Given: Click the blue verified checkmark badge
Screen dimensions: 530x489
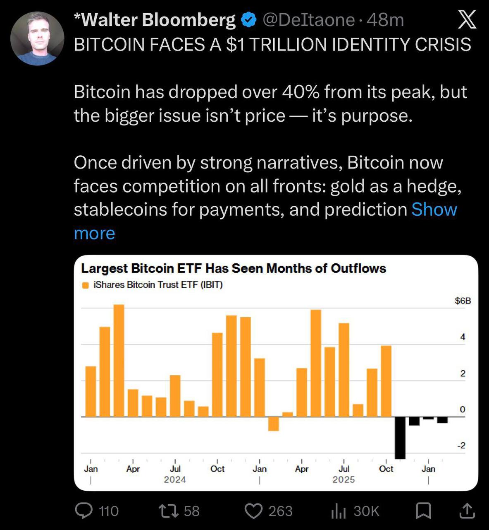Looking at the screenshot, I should click(x=248, y=20).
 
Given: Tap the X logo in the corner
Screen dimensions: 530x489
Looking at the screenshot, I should click(x=467, y=20).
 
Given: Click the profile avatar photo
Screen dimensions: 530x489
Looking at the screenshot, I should click(x=37, y=39).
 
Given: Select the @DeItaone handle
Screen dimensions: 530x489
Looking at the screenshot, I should click(x=308, y=20).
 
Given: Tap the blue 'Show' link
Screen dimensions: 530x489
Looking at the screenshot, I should click(x=434, y=210).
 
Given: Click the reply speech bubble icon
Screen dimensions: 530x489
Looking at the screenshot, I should click(x=83, y=511).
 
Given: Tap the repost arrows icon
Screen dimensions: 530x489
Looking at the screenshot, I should click(x=169, y=511).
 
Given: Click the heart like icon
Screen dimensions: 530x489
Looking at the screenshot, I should click(x=253, y=511).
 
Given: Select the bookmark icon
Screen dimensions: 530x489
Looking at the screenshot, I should click(x=423, y=511).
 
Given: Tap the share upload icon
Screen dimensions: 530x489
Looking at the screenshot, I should click(x=467, y=511).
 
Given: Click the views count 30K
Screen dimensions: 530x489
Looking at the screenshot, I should click(x=366, y=511).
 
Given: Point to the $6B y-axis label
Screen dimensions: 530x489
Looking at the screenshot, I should click(x=463, y=301).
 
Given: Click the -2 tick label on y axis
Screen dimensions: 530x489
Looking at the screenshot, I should click(x=460, y=446).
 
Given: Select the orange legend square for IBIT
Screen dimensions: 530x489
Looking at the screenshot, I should click(x=86, y=285).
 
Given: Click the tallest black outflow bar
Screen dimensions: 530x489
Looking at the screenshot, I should click(x=400, y=438).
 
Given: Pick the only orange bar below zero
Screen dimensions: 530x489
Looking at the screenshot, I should click(x=273, y=424).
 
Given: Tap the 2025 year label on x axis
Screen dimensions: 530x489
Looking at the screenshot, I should click(x=343, y=479).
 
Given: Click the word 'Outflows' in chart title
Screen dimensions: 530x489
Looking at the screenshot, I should click(x=358, y=268).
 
